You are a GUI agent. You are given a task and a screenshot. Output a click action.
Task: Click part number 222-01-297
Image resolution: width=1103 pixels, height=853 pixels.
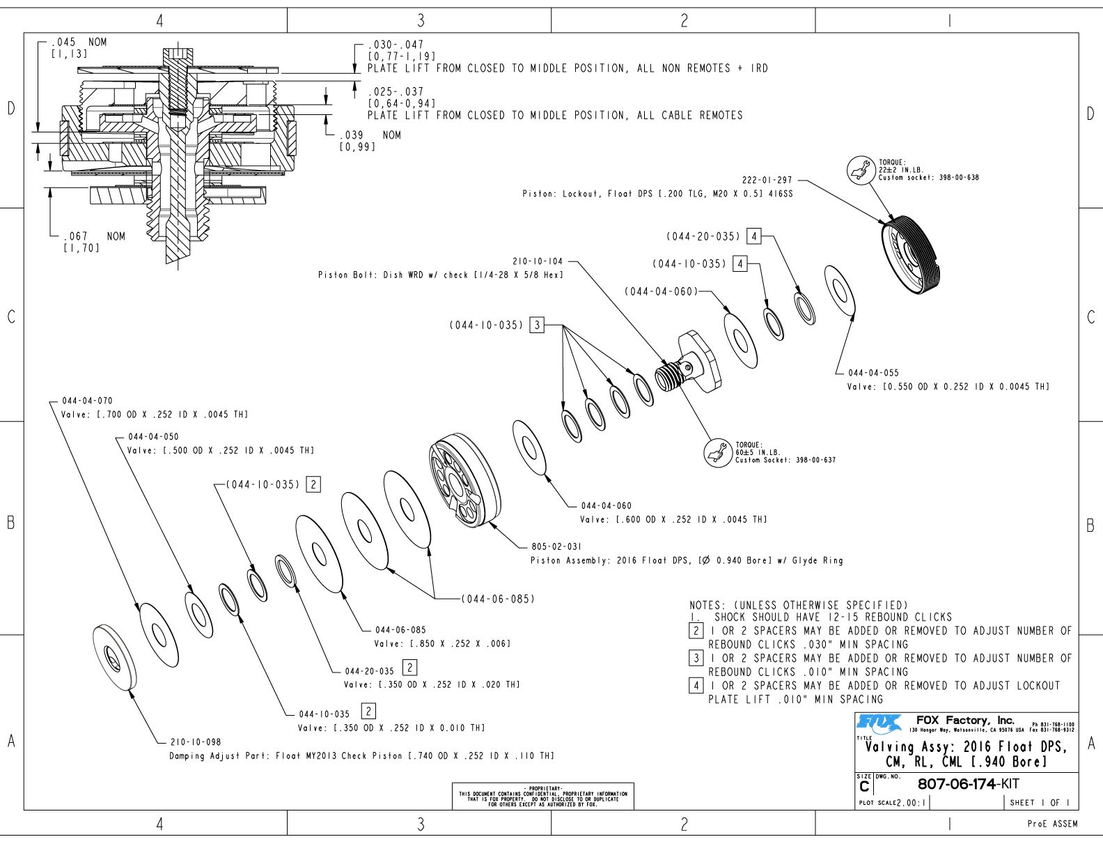[767, 180]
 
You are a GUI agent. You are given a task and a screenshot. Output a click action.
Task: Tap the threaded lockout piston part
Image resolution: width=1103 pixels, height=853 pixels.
[914, 255]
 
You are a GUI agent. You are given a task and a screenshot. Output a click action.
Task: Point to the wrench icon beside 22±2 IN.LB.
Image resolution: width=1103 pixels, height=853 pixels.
[861, 170]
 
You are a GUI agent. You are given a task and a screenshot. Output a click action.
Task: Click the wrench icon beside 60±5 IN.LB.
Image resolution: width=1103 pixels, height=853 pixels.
[717, 453]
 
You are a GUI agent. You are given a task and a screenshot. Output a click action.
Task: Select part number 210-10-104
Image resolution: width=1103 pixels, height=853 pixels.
[538, 261]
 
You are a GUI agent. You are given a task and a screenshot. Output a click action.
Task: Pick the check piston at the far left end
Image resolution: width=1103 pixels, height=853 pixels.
[114, 656]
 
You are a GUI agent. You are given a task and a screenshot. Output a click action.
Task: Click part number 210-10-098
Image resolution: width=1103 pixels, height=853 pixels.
[196, 742]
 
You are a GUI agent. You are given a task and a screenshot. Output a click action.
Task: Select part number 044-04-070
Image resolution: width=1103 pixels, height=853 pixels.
[87, 401]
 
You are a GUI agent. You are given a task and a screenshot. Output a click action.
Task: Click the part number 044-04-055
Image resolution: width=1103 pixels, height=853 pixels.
[873, 373]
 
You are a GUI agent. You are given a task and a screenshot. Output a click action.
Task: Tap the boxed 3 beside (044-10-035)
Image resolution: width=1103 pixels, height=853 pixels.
[536, 325]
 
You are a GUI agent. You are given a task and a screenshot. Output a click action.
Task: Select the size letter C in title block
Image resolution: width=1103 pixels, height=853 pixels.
[864, 786]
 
